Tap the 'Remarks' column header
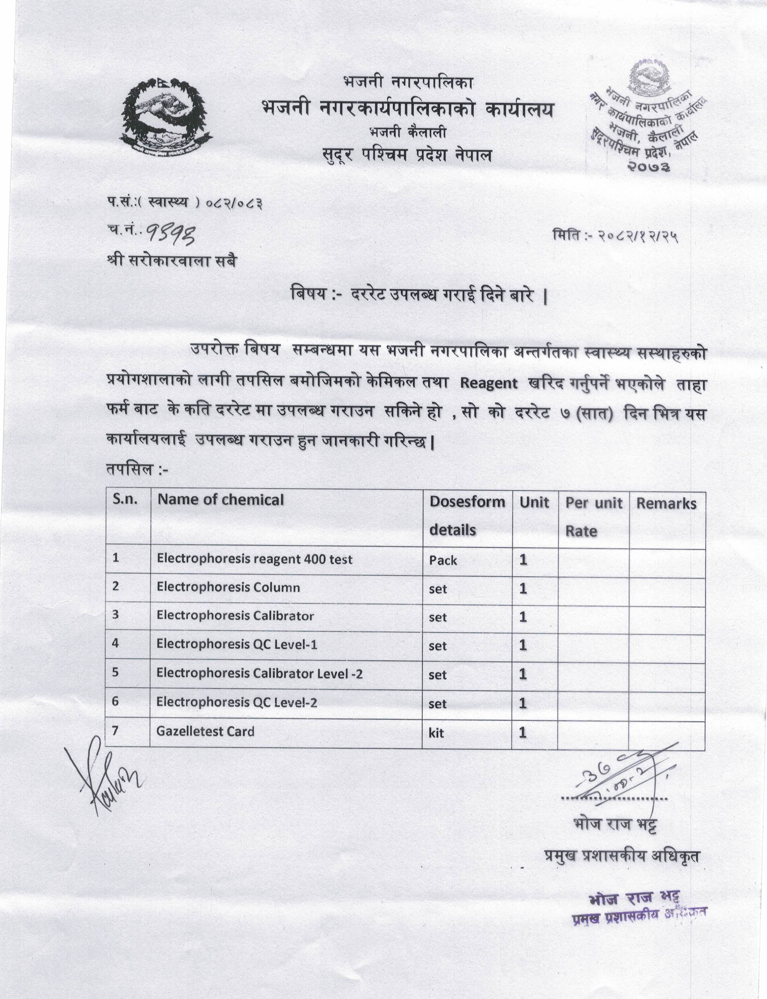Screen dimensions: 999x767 click(x=666, y=504)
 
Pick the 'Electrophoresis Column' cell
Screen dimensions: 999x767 click(x=228, y=587)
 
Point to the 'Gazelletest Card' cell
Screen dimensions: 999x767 click(x=205, y=731)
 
